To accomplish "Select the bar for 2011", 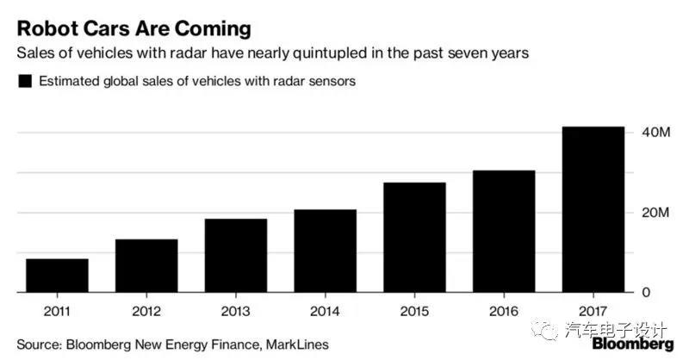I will pyautogui.click(x=57, y=276).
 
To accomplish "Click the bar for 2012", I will pyautogui.click(x=146, y=266).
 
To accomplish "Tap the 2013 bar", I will pyautogui.click(x=236, y=256).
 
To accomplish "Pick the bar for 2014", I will pyautogui.click(x=326, y=251).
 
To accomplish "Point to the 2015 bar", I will pyautogui.click(x=415, y=238).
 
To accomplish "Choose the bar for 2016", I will pyautogui.click(x=504, y=232).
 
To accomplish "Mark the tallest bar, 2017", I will pyautogui.click(x=593, y=209).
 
